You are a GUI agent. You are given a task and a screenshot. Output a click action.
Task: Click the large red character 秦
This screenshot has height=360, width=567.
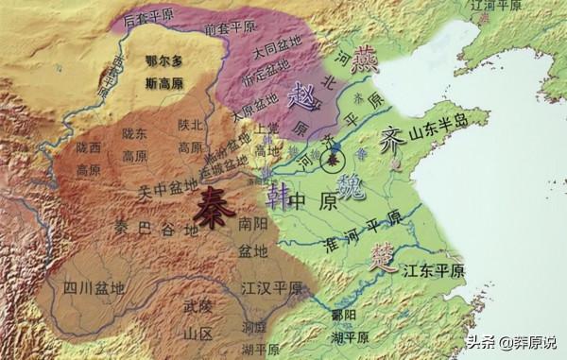[215, 202]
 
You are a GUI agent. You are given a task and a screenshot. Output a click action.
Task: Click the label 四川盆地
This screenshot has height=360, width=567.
[90, 287]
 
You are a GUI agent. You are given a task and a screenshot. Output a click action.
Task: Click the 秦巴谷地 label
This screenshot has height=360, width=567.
[142, 231]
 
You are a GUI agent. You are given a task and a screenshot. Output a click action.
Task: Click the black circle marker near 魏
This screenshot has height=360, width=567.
[333, 160]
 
